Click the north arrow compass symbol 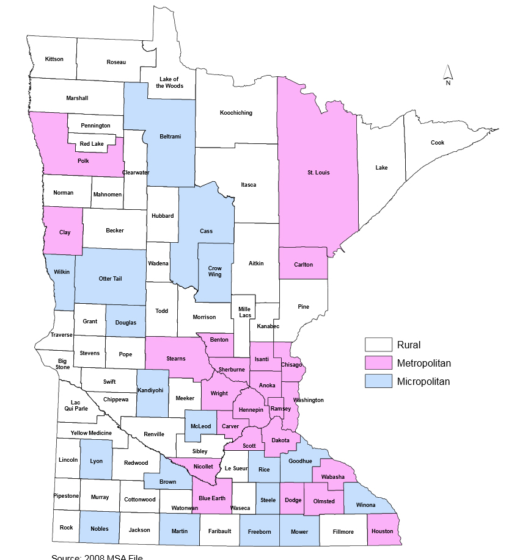click(447, 74)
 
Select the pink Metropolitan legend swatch click(378, 363)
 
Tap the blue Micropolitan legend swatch click(378, 382)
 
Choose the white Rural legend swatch click(378, 345)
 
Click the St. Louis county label click(318, 173)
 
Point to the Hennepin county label click(251, 409)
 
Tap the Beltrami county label click(170, 136)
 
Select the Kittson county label click(54, 59)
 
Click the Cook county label click(438, 143)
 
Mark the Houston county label click(383, 531)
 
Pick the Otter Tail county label click(110, 279)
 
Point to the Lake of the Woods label click(169, 82)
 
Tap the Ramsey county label click(280, 409)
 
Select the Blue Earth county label click(212, 498)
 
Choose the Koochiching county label click(236, 113)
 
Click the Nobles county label click(99, 529)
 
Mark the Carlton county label click(303, 265)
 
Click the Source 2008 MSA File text click(100, 556)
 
